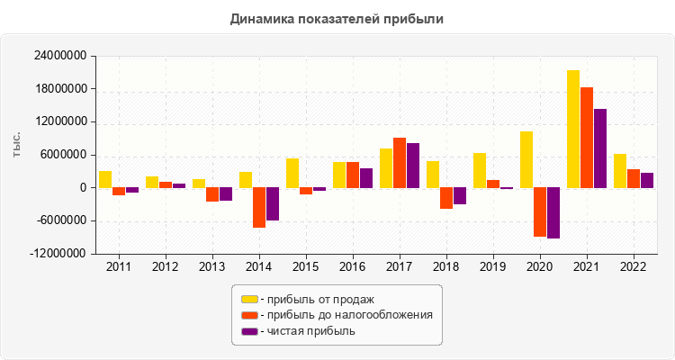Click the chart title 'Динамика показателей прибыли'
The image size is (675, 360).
coord(337,18)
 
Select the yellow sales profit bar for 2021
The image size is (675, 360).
coord(573,129)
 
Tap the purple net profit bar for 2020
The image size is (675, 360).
coord(553,212)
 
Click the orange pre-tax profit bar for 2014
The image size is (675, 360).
coord(259,207)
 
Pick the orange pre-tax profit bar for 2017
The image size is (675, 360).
coord(400,163)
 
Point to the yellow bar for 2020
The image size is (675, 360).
coord(526,159)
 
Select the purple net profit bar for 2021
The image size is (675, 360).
coord(600,148)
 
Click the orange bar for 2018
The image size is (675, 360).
coord(446,198)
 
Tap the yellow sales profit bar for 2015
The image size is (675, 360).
coord(292,173)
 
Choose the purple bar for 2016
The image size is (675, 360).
coord(366,178)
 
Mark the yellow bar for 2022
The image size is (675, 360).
coord(620,171)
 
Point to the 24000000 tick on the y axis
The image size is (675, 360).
coord(59,57)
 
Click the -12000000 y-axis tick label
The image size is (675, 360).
coord(58,254)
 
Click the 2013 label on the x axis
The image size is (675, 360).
coord(212,267)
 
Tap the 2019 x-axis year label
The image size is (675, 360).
coord(493,267)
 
